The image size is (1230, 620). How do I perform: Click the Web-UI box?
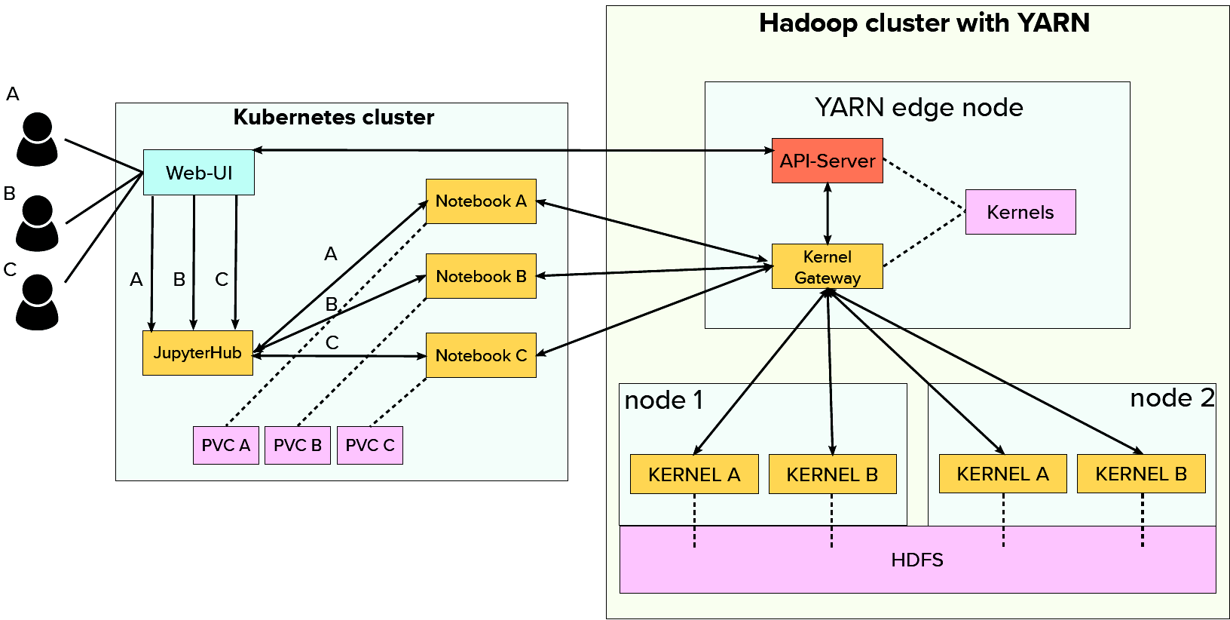(199, 173)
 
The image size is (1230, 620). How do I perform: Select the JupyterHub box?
(197, 353)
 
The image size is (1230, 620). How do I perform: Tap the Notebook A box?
(481, 201)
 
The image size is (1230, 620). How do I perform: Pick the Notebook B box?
(481, 276)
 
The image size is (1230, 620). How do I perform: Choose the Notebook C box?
(481, 355)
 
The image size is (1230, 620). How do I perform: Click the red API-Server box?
(828, 161)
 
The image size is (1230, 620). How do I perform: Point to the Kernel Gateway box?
(828, 266)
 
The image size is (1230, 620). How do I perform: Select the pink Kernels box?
(1020, 212)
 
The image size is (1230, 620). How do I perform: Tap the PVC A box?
(226, 445)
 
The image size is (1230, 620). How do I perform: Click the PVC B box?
(298, 445)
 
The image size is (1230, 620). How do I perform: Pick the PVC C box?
(370, 445)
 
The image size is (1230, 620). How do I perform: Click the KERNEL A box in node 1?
(694, 474)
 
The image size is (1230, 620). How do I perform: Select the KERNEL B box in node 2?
(1141, 474)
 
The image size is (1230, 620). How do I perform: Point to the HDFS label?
(917, 560)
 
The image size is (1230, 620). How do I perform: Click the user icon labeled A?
(37, 140)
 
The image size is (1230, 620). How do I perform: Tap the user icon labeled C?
(37, 302)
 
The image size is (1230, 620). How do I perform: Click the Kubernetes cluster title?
(334, 118)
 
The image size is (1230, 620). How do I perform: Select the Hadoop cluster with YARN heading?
(924, 23)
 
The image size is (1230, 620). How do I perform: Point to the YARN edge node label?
(919, 108)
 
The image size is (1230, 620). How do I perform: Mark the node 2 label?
(1172, 398)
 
